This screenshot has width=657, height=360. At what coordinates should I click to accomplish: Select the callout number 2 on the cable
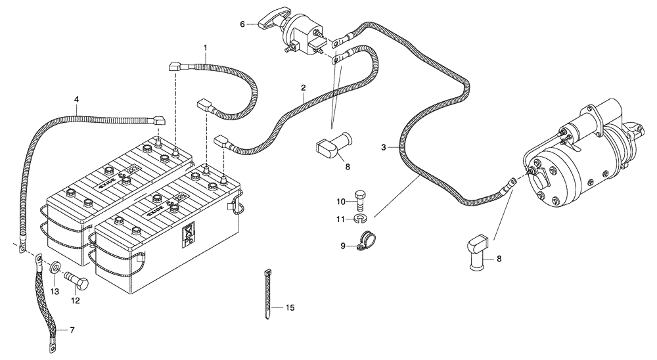(x=303, y=87)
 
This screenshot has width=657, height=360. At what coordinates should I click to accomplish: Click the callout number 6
(x=242, y=24)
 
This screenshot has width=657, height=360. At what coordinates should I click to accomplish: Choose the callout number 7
(x=72, y=328)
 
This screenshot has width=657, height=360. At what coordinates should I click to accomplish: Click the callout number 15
(x=291, y=307)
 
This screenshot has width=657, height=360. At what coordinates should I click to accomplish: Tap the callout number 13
(x=55, y=291)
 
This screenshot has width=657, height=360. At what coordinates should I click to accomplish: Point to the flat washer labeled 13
(x=55, y=269)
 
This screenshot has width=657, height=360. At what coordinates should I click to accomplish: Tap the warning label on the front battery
(x=187, y=235)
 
